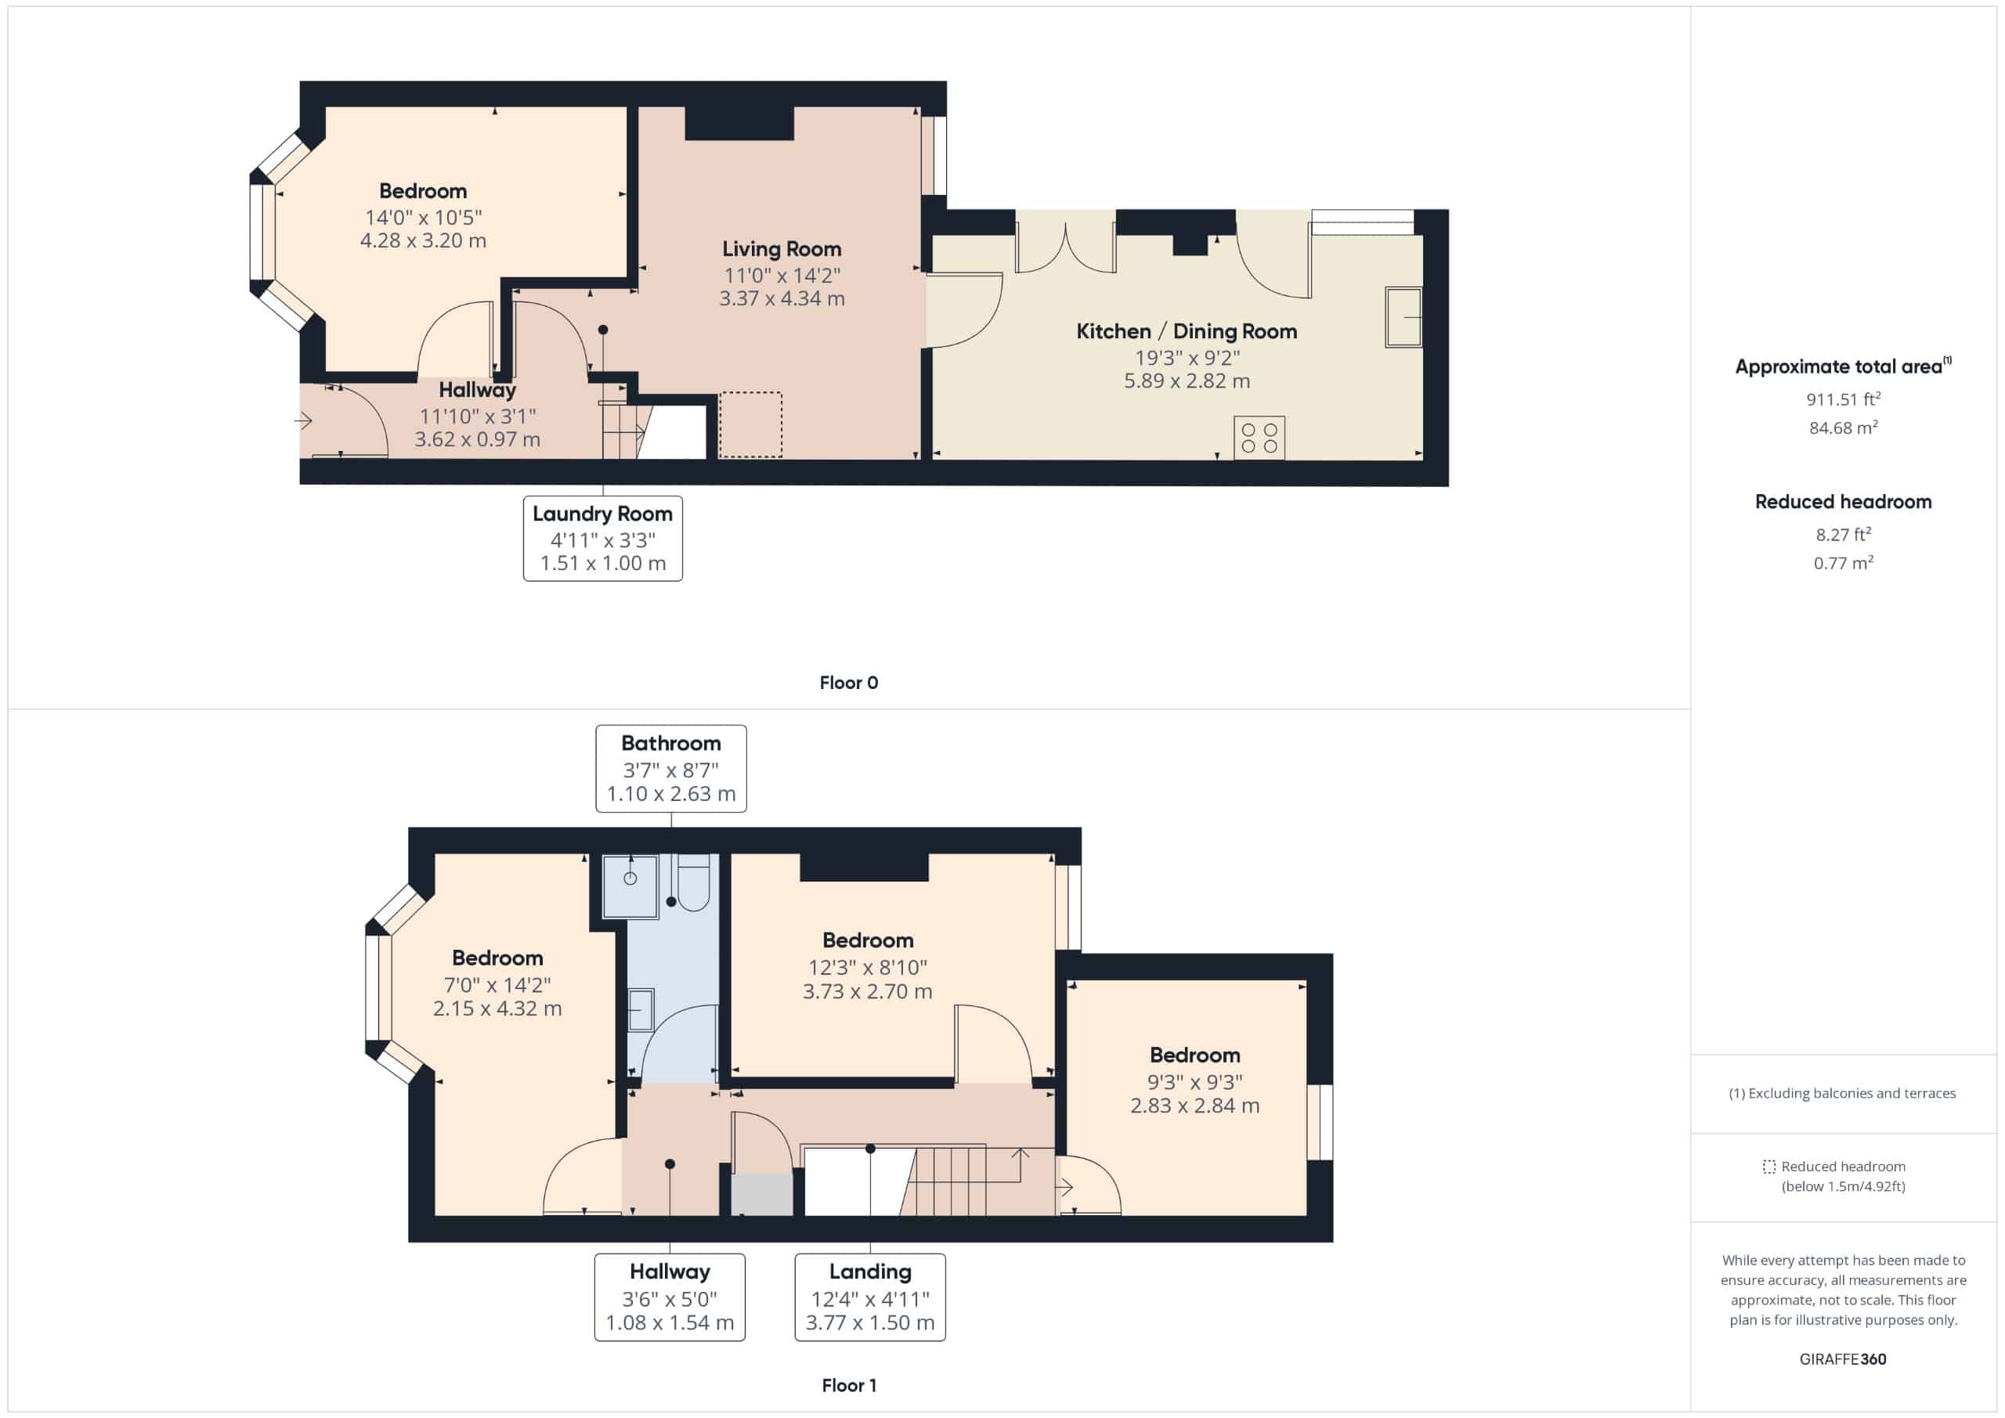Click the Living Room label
coord(781,249)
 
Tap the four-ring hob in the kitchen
coord(1259,438)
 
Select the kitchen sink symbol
coord(1403,316)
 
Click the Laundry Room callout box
coord(602,538)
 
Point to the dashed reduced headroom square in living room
coord(750,424)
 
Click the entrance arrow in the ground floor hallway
coord(304,422)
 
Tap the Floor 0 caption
coord(848,683)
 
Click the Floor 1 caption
coord(848,1385)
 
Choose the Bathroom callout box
coord(670,768)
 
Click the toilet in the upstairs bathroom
coord(693,884)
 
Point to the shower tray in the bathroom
coord(630,886)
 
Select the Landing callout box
coord(870,1297)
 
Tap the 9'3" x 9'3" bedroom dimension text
coord(1194,1082)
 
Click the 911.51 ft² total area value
coord(1843,399)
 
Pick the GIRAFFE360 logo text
coord(1843,1358)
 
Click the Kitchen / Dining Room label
coord(1186,331)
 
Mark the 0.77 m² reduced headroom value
coord(1843,563)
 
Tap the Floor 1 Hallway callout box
coord(670,1297)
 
